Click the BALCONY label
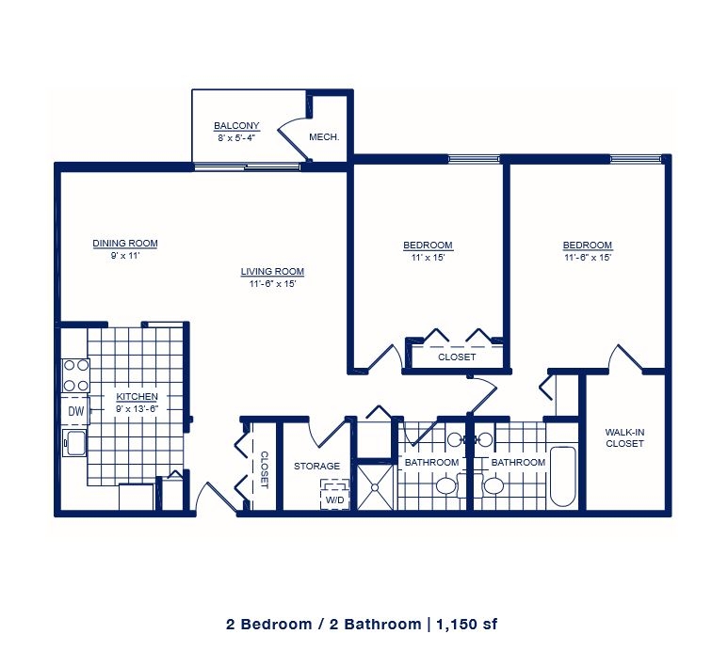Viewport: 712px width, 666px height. pyautogui.click(x=236, y=126)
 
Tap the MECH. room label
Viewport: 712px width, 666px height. pyautogui.click(x=324, y=136)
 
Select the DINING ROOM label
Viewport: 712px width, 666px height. pyautogui.click(x=125, y=244)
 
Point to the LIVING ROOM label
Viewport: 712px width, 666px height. pyautogui.click(x=272, y=271)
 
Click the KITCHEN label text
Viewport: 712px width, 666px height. pyautogui.click(x=138, y=397)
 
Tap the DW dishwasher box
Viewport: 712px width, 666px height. pyautogui.click(x=76, y=411)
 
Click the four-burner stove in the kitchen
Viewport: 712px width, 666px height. pyautogui.click(x=76, y=375)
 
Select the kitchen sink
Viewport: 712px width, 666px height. pyautogui.click(x=75, y=442)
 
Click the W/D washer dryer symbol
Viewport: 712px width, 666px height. pyautogui.click(x=335, y=495)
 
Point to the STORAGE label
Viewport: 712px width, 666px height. pyautogui.click(x=317, y=466)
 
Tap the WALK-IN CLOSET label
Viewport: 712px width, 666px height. pyautogui.click(x=624, y=437)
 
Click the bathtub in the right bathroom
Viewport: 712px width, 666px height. pyautogui.click(x=563, y=476)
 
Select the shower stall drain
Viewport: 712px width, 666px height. pyautogui.click(x=375, y=487)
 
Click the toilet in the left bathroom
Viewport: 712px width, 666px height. pyautogui.click(x=446, y=486)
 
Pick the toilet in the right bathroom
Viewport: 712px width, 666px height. pyautogui.click(x=494, y=486)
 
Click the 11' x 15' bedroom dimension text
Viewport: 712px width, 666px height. pyautogui.click(x=428, y=258)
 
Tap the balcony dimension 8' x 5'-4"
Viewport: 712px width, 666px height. pyautogui.click(x=236, y=137)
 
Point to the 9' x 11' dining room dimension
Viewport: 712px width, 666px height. pyautogui.click(x=125, y=256)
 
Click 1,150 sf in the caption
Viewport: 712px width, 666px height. pyautogui.click(x=467, y=625)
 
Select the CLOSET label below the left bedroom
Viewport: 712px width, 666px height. pyautogui.click(x=457, y=357)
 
